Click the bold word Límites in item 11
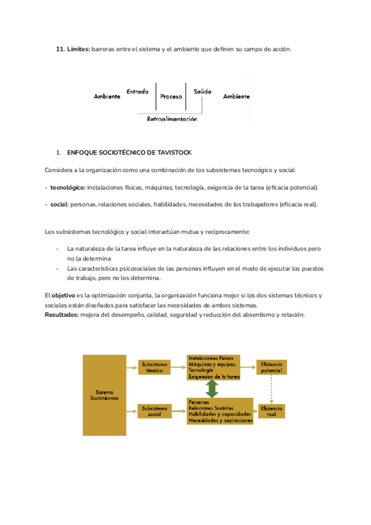(x=78, y=49)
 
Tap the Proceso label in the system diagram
(x=171, y=97)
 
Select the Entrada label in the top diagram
(x=137, y=91)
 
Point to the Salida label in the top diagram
(x=202, y=91)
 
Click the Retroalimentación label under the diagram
(x=172, y=119)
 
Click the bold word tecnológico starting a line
(x=67, y=187)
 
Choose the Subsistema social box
(x=154, y=411)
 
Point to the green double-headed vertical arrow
(x=213, y=389)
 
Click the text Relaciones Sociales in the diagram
(x=211, y=409)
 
